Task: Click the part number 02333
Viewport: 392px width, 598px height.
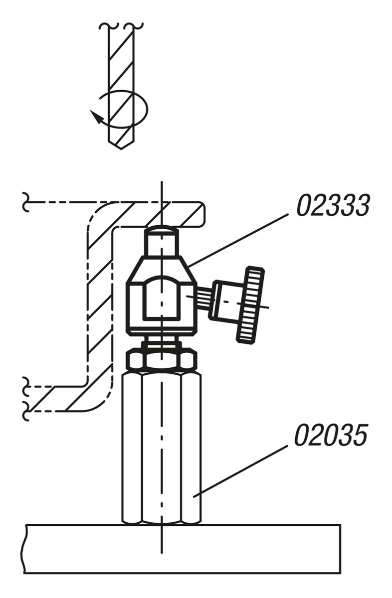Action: [x=333, y=205]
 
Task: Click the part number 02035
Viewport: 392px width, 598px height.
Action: [x=330, y=435]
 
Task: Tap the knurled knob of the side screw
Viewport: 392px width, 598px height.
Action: [x=250, y=304]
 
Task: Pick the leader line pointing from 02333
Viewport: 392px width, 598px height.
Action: [x=239, y=238]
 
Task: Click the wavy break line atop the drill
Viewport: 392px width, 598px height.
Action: [x=120, y=25]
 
